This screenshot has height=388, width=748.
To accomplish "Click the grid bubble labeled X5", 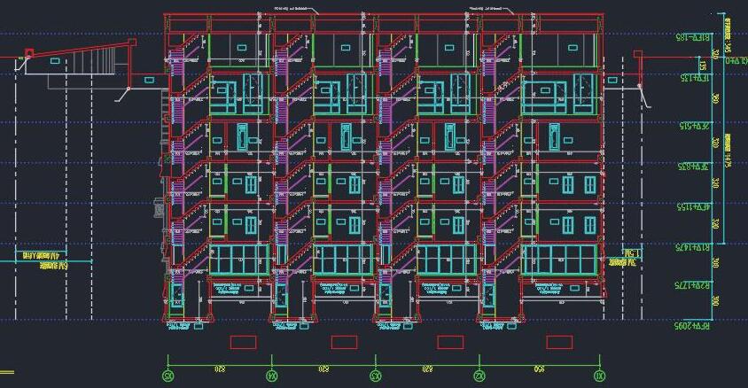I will (168, 376).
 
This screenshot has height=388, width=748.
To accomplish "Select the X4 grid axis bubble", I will (272, 376).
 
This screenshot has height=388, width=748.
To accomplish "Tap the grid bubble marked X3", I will (376, 376).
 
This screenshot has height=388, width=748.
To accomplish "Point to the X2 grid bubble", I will (479, 376).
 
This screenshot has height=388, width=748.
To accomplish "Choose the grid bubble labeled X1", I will (600, 376).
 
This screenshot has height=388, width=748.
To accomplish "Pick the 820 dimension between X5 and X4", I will (220, 368).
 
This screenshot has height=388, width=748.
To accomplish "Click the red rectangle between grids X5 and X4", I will (243, 342).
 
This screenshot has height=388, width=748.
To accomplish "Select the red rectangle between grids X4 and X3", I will (344, 342).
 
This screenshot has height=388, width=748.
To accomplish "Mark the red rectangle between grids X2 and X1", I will (559, 342).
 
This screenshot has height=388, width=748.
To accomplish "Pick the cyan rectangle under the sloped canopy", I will (55, 61).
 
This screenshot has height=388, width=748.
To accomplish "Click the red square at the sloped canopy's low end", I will (28, 54).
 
